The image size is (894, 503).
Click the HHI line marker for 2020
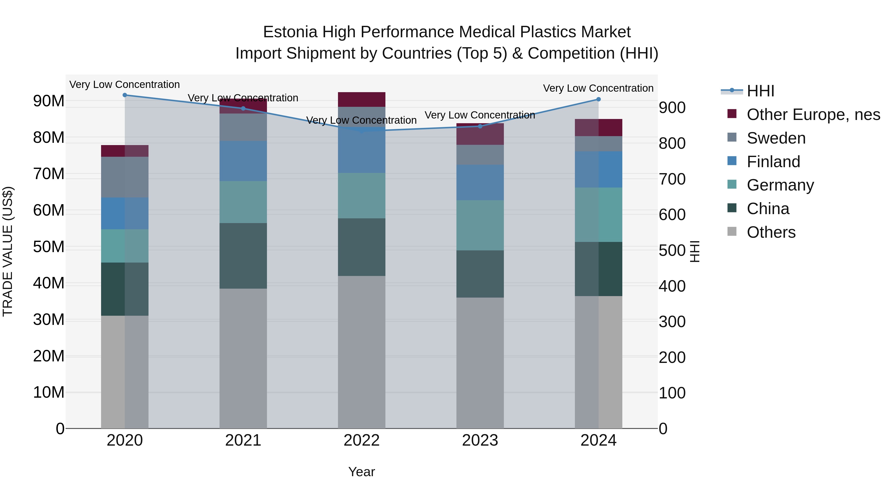[x=125, y=95]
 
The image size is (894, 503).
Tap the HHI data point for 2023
[x=480, y=126]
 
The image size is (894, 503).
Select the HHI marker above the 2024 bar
[x=598, y=99]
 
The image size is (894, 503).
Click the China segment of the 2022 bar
[x=362, y=247]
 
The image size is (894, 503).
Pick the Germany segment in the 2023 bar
[x=480, y=225]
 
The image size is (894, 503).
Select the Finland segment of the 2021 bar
[x=243, y=161]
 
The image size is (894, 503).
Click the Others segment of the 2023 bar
[x=480, y=363]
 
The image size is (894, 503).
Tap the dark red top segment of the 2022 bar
[x=362, y=100]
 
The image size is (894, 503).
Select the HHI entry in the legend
[x=760, y=91]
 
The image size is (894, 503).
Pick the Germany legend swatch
[x=732, y=184]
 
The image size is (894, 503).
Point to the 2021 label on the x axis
[x=243, y=440]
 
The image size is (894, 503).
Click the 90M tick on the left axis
[x=49, y=101]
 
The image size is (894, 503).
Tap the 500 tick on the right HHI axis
[x=672, y=251]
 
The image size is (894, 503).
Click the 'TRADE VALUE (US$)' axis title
[x=8, y=251]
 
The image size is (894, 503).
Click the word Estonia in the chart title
[x=290, y=32]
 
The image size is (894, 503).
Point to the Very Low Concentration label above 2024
[x=598, y=88]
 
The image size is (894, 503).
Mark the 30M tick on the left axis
[x=49, y=320]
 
